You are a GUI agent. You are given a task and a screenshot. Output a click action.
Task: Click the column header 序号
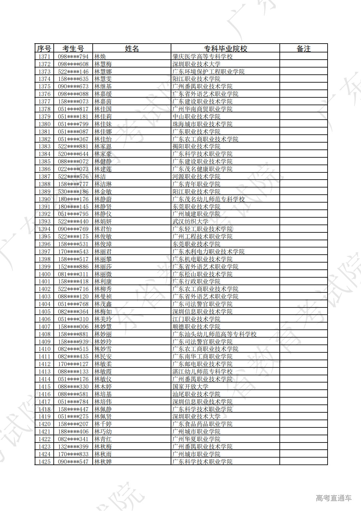44,49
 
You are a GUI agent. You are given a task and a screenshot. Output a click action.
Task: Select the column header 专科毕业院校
225,49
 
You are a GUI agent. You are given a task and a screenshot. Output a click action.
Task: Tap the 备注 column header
303,49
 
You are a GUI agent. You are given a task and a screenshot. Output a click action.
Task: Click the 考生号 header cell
73,49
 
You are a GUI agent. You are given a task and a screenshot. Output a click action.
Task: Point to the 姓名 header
132,49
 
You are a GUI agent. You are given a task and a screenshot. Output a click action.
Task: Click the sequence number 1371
44,56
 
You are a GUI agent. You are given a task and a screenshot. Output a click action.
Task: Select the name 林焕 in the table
100,56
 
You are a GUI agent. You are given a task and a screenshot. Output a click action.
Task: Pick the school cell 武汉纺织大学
190,222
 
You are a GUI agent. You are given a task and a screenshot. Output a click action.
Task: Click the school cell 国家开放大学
190,387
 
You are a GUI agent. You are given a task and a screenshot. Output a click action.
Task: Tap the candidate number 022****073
73,169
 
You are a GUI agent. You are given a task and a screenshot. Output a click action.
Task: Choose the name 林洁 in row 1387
100,177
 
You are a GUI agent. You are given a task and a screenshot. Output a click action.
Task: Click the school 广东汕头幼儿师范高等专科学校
214,334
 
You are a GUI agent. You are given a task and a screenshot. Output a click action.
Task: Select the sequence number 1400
44,274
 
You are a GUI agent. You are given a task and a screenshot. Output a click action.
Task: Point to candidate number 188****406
73,432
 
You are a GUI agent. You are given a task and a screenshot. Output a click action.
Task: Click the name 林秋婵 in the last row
103,462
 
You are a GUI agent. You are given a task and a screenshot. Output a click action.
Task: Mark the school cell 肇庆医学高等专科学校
202,56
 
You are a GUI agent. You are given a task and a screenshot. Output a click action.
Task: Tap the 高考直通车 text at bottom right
333,498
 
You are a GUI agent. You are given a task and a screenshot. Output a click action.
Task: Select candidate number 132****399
73,447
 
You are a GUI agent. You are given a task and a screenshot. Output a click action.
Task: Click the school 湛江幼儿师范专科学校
202,372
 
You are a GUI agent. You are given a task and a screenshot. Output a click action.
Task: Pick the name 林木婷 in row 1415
103,387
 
